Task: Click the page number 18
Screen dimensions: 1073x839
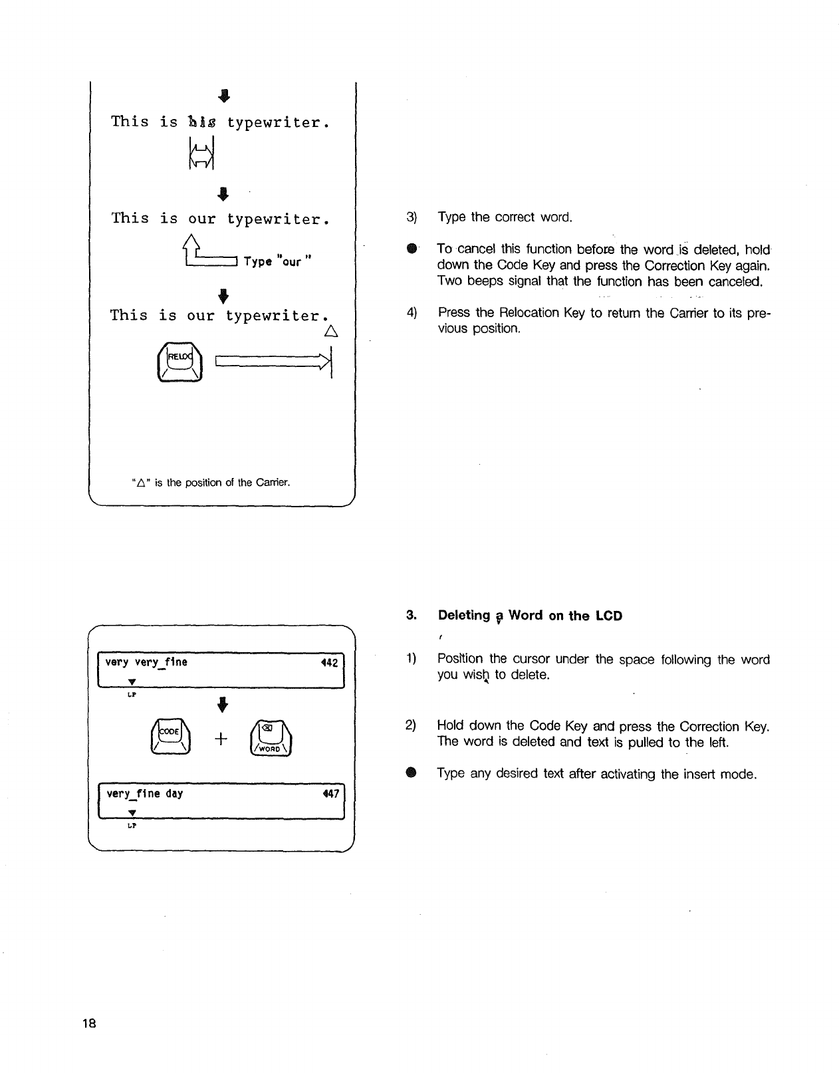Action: point(90,1023)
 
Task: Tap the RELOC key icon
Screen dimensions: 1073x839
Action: point(179,362)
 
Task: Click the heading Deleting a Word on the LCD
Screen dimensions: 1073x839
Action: point(530,616)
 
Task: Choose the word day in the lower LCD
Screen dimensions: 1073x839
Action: point(175,794)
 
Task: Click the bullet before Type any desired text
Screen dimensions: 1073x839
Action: point(412,773)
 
